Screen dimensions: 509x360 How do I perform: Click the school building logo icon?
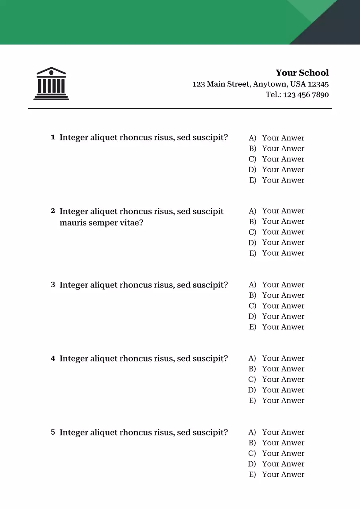[x=51, y=84]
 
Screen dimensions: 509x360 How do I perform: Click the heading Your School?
[x=302, y=73]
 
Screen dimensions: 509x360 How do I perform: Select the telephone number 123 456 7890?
[x=306, y=95]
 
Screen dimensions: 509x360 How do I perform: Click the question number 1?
[x=53, y=137]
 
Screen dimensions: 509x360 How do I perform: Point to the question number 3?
[x=53, y=285]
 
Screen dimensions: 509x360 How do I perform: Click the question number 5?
[x=53, y=432]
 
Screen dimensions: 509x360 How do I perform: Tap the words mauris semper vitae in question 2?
[x=101, y=223]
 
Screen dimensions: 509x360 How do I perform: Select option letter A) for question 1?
[x=252, y=138]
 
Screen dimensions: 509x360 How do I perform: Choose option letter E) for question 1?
[x=252, y=180]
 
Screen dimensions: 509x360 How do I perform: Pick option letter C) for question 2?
[x=252, y=232]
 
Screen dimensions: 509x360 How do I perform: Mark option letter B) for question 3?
[x=252, y=295]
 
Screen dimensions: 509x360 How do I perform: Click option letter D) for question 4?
[x=252, y=390]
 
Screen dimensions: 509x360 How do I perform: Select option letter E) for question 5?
[x=252, y=474]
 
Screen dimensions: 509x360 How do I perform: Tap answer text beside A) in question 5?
[x=283, y=432]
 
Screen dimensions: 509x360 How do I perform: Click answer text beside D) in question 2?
[x=283, y=243]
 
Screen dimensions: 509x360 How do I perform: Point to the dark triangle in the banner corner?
[x=338, y=28]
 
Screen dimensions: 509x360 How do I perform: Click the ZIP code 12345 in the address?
[x=318, y=84]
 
